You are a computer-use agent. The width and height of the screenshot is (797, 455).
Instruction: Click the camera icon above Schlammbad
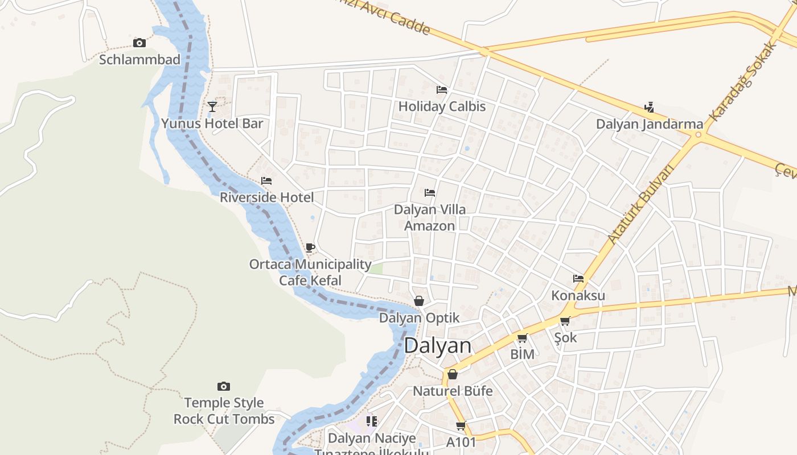tap(139, 43)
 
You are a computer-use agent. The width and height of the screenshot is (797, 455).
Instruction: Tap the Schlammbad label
tap(139, 59)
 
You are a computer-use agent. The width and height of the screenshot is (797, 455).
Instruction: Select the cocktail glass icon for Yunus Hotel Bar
tap(212, 106)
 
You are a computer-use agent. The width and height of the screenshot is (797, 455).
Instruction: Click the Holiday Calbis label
tap(442, 106)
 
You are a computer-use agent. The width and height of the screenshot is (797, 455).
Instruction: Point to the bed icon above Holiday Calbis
tap(441, 89)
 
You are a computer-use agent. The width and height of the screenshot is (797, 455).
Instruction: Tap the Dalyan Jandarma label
tap(650, 124)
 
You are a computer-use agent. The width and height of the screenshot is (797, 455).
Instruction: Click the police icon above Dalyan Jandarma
tap(648, 107)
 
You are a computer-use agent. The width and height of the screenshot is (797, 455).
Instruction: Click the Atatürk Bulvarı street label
tap(640, 204)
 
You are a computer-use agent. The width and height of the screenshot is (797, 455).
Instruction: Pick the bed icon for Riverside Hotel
tap(266, 181)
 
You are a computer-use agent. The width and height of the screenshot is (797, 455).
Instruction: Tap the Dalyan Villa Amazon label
tap(430, 217)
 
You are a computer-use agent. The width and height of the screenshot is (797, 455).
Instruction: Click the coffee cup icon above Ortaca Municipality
tap(310, 247)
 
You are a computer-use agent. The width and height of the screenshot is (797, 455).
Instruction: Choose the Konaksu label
tap(578, 296)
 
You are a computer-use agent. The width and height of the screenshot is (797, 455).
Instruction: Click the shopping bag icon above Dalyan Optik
tap(419, 301)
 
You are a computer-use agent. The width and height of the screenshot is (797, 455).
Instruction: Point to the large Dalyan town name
tap(438, 346)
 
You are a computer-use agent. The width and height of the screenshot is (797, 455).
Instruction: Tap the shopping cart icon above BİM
tap(522, 338)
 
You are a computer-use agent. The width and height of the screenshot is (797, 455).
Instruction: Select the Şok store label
tap(565, 338)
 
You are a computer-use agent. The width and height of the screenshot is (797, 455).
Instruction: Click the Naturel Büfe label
tap(453, 391)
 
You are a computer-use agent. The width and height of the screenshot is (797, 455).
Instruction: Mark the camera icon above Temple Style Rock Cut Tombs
tap(224, 387)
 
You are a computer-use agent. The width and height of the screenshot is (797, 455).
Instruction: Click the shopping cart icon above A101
tap(461, 425)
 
